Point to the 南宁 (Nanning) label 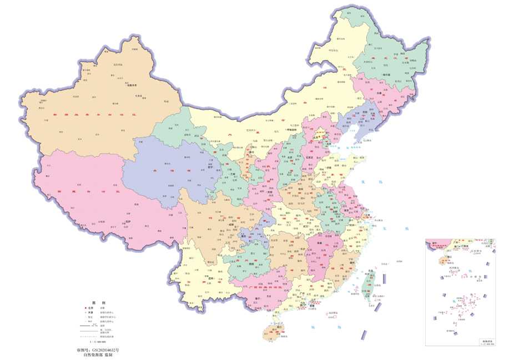click(x=259, y=299)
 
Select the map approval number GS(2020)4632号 click(x=98, y=351)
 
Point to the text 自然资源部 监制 click(x=98, y=356)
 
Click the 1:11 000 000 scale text click(x=98, y=342)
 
